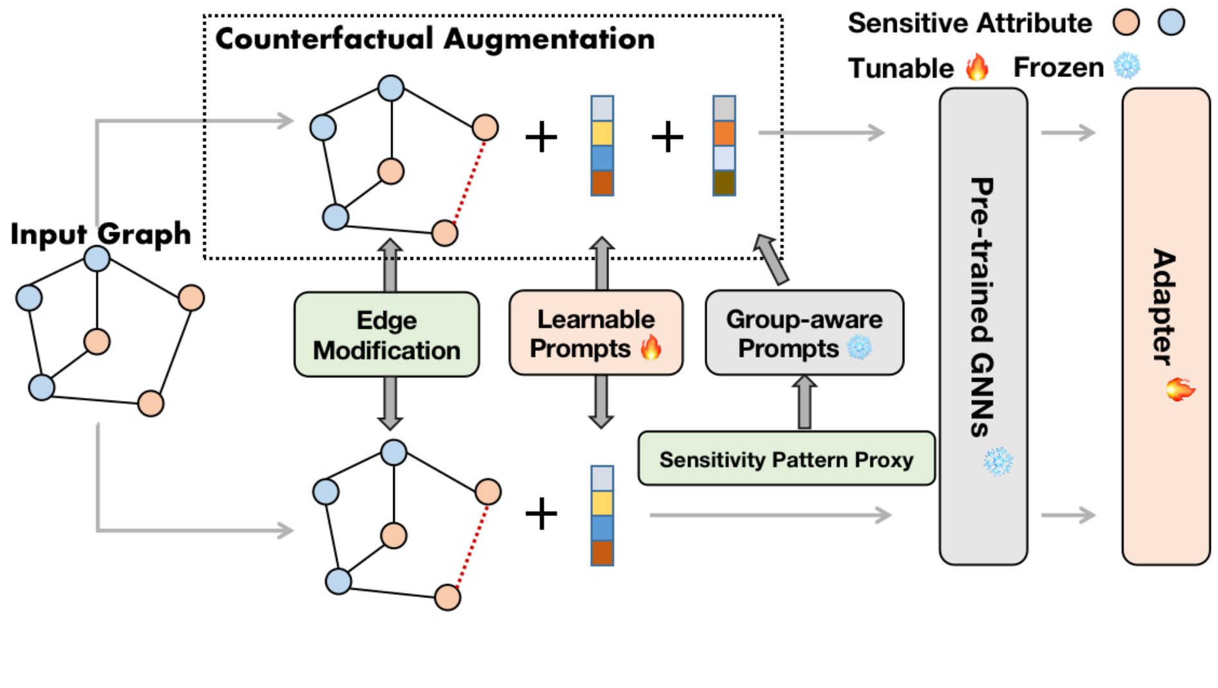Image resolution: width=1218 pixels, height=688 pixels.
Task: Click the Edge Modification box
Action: [x=386, y=334]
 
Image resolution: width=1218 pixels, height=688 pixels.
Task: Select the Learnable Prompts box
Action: [x=596, y=332]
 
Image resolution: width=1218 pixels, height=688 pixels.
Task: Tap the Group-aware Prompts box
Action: [x=804, y=332]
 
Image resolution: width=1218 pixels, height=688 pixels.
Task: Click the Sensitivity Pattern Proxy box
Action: [x=786, y=459]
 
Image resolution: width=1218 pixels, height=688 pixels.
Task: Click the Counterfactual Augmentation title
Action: [x=435, y=39]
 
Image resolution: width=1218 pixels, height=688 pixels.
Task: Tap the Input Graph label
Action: [x=101, y=234]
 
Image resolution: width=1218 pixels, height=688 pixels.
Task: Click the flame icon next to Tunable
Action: [x=977, y=67]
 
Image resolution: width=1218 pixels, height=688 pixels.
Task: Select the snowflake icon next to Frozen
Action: [x=1127, y=66]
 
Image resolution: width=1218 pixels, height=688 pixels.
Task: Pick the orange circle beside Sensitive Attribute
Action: [x=1126, y=23]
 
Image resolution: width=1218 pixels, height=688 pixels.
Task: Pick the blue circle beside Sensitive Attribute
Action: [x=1171, y=23]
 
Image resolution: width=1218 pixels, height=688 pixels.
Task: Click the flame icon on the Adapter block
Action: [x=1180, y=389]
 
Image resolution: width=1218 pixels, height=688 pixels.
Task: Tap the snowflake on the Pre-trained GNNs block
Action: [x=998, y=461]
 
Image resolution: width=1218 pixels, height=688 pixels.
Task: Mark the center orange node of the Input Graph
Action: [x=97, y=342]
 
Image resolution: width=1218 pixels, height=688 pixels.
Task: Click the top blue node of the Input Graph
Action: [x=97, y=259]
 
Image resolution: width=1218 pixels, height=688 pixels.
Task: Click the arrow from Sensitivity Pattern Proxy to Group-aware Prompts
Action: [x=804, y=403]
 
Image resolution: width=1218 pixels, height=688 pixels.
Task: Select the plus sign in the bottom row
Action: [x=541, y=515]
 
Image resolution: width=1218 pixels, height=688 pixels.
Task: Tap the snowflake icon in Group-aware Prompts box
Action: [x=859, y=348]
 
